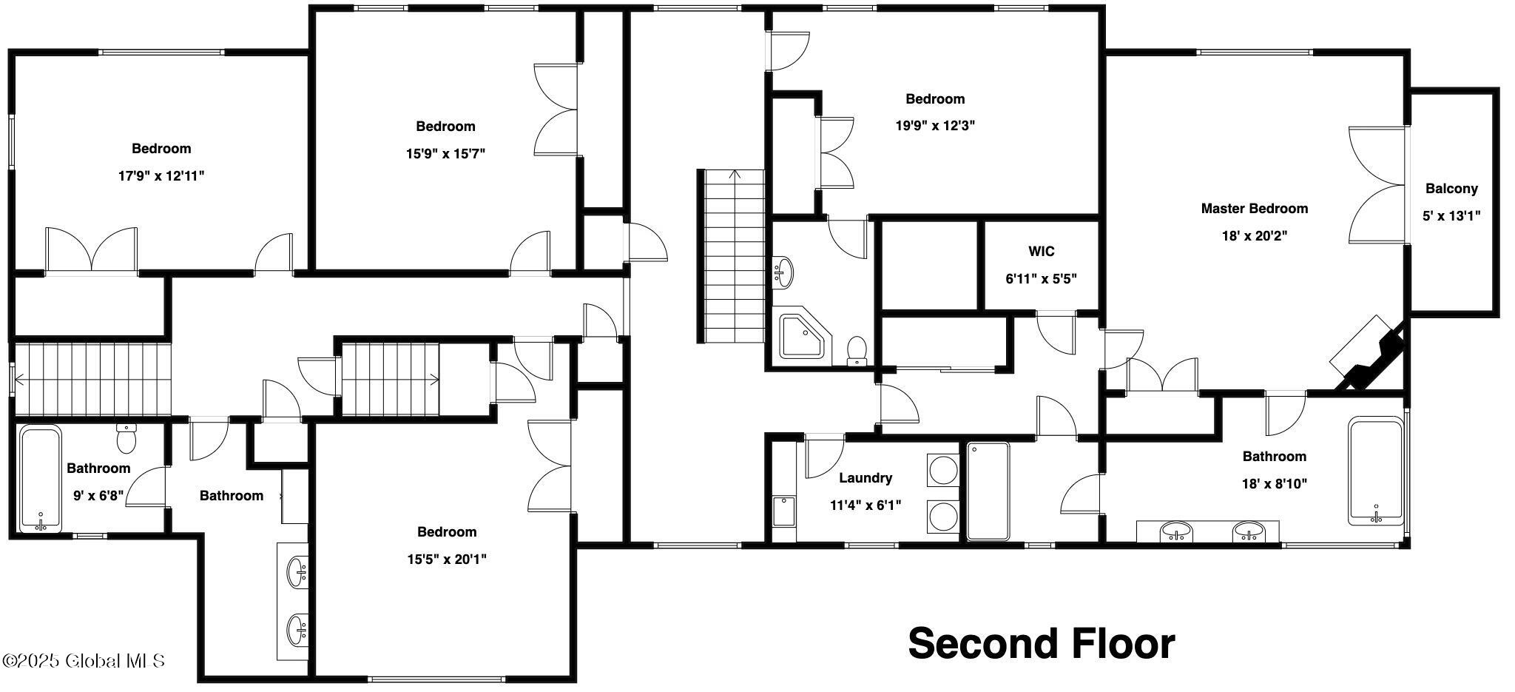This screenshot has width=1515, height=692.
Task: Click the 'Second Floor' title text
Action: pos(1042,643)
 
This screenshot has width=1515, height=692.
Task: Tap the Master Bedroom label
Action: pos(1254,209)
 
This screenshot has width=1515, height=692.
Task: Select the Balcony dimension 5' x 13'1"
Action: pos(1451,216)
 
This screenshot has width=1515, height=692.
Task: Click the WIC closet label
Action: pos(1041,252)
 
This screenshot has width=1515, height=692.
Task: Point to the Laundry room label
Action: pos(866,478)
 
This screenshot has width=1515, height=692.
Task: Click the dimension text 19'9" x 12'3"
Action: pos(935,126)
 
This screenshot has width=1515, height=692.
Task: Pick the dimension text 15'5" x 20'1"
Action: pos(447,560)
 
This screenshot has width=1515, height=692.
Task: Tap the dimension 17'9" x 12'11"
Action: pos(161,176)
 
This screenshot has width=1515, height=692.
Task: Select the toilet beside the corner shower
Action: pos(857,351)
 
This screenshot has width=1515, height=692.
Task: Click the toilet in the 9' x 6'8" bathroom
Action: pos(127,437)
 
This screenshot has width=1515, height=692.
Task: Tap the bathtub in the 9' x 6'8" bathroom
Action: pos(41,479)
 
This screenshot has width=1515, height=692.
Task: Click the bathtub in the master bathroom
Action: pos(1375,471)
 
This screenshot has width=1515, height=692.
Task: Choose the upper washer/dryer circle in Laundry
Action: pos(943,471)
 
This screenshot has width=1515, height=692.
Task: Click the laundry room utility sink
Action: pos(784,511)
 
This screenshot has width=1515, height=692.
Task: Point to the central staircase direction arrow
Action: pos(734,175)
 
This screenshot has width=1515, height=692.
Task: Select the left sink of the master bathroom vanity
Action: pos(1176,531)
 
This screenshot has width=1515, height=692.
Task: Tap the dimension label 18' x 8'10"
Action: pos(1274,484)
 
